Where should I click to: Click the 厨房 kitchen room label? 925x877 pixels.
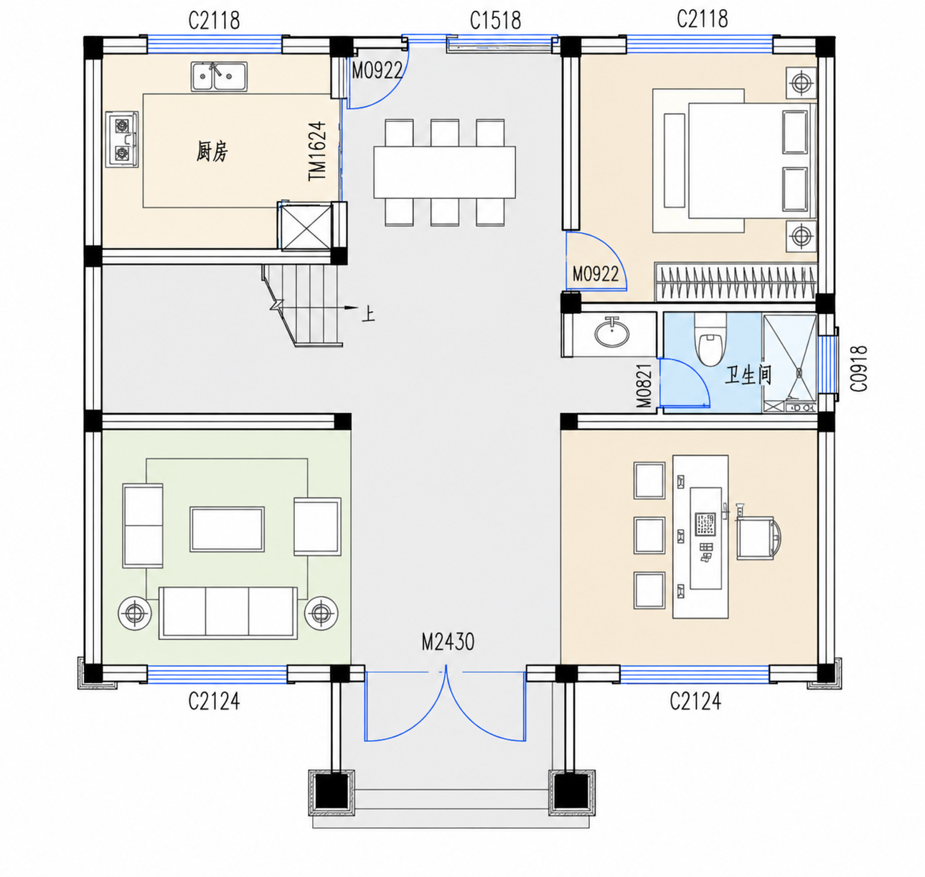coord(212,152)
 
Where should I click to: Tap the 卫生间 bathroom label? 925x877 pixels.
coord(748,376)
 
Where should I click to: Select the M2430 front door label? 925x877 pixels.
coord(448,641)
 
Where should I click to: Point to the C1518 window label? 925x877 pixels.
coord(495,21)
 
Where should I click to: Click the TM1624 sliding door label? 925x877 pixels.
coord(317,151)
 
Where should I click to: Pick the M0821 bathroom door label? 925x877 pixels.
coord(644,386)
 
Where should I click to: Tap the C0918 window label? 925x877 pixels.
coord(859,368)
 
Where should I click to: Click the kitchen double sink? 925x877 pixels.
coord(219,76)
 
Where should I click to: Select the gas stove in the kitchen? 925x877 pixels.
coord(122,139)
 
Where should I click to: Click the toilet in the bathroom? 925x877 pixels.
coord(710,340)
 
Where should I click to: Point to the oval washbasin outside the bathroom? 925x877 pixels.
coord(611,333)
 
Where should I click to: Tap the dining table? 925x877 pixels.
coord(444,172)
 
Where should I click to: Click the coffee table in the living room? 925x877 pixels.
coord(227,529)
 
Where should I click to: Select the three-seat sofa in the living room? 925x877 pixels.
coord(227,612)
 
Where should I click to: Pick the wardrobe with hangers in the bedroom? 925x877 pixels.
coord(736,282)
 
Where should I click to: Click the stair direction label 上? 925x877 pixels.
coord(368,314)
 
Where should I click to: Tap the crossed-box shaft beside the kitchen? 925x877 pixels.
coord(306,227)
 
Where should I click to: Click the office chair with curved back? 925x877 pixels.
coord(759,537)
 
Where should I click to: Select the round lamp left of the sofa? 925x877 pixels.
coord(135,613)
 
